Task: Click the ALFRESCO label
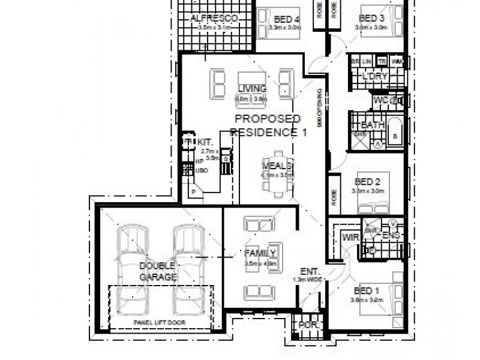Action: tap(214, 19)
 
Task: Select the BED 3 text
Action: tap(371, 18)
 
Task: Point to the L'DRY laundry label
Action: tap(376, 76)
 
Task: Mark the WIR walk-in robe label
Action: tap(350, 238)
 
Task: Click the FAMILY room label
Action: tap(260, 252)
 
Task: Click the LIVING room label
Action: tap(251, 89)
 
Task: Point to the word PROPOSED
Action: tap(267, 119)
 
